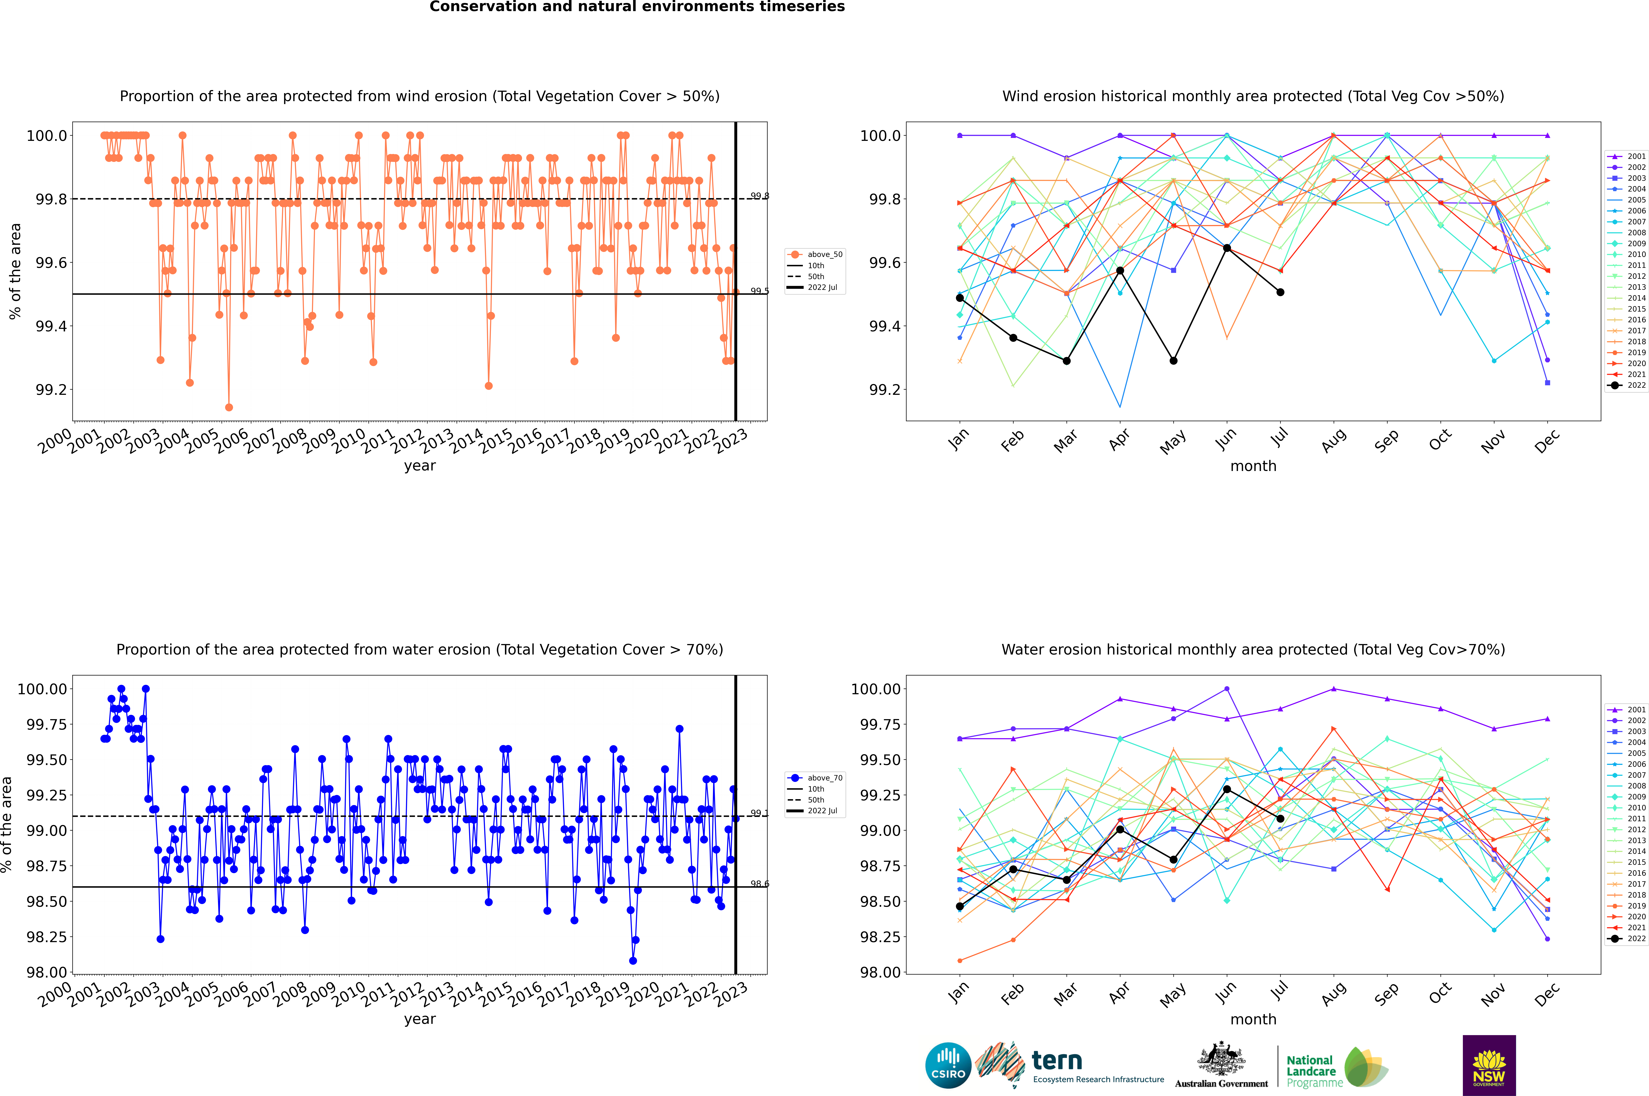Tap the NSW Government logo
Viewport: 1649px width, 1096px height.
(1489, 1065)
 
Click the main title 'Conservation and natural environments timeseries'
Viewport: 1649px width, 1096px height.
(637, 7)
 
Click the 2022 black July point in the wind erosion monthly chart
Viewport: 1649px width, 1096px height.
(1280, 292)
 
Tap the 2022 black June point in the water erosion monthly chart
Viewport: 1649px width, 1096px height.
(1227, 789)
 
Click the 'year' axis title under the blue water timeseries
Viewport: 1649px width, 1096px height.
(419, 1019)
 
